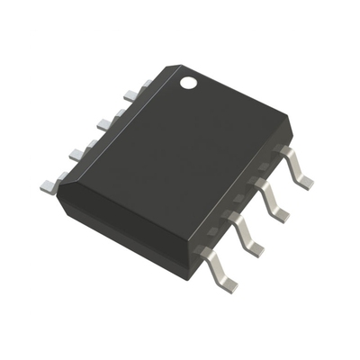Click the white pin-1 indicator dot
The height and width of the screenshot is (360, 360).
[189, 84]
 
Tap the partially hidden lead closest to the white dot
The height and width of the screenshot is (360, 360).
[129, 91]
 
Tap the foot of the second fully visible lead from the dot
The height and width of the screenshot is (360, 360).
[280, 214]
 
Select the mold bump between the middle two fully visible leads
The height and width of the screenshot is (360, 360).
[245, 204]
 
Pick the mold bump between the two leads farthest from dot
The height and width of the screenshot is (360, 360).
[219, 238]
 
